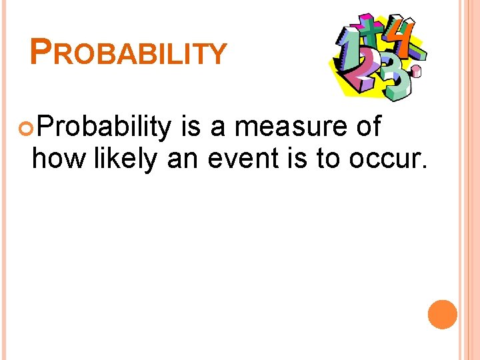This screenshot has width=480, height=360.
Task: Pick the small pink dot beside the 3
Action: [x=417, y=71]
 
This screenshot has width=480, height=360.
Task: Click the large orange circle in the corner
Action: [x=443, y=315]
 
